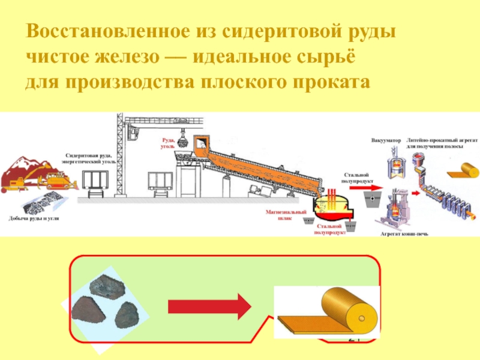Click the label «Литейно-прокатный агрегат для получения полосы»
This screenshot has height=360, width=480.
(x=435, y=144)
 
